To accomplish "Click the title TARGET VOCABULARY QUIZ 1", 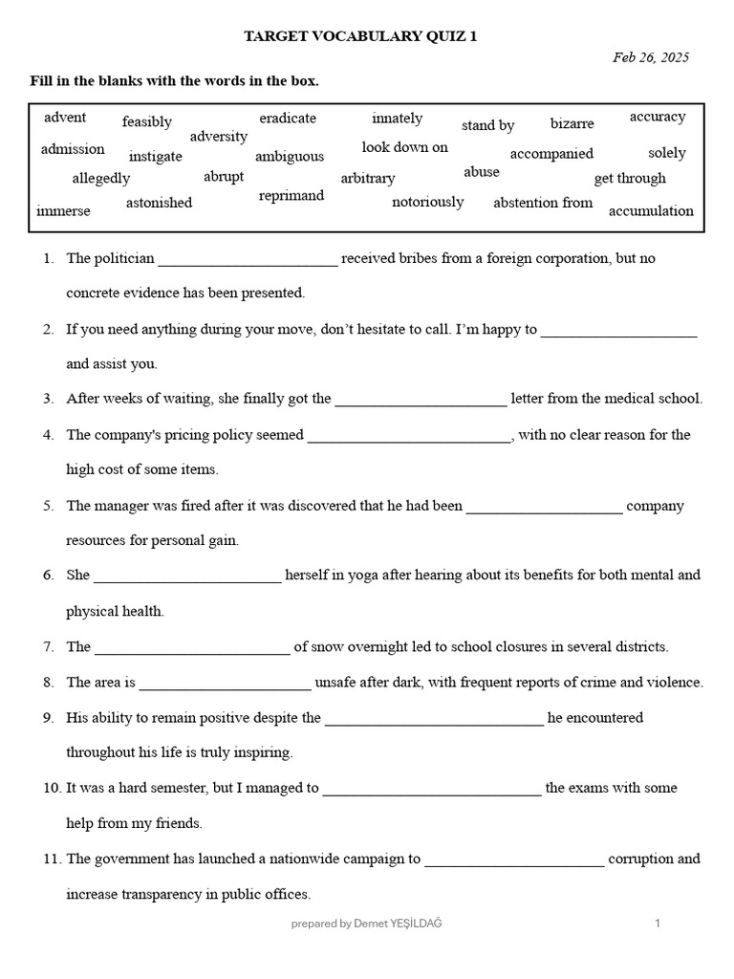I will coord(360,36).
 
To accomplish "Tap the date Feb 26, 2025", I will coord(650,57).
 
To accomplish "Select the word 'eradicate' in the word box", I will coord(288,119).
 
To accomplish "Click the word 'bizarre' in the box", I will coord(572,124).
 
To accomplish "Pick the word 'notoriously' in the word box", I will coord(427,202).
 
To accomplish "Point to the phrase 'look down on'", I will coord(404,147).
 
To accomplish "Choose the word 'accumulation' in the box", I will coord(651,211).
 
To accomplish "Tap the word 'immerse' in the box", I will coord(63,210).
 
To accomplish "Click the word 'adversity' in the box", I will coord(219,137).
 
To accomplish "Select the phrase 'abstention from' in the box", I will coord(543,203).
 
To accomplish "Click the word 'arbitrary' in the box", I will coord(368,179).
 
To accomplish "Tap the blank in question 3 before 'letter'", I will coord(421,401).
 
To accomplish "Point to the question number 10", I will coord(50,789).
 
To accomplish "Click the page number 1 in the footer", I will coord(658,924).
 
